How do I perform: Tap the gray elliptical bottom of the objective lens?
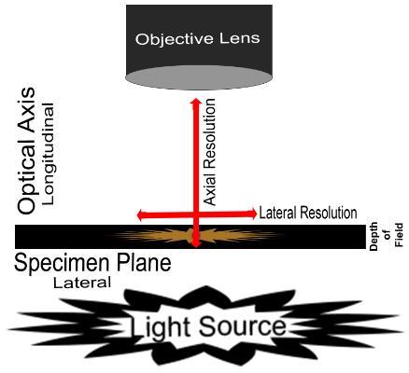pos(196,79)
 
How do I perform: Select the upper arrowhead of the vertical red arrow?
pos(196,99)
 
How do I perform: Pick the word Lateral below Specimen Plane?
pos(80,282)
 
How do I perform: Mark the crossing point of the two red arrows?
pos(196,214)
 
